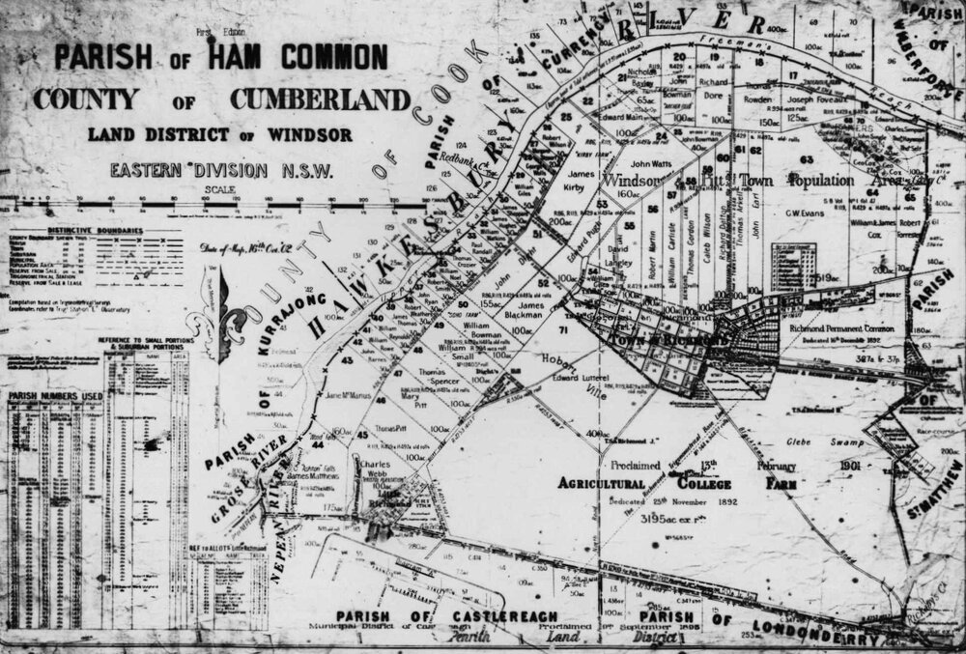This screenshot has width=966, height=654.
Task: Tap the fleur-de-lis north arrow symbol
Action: (224, 309)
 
